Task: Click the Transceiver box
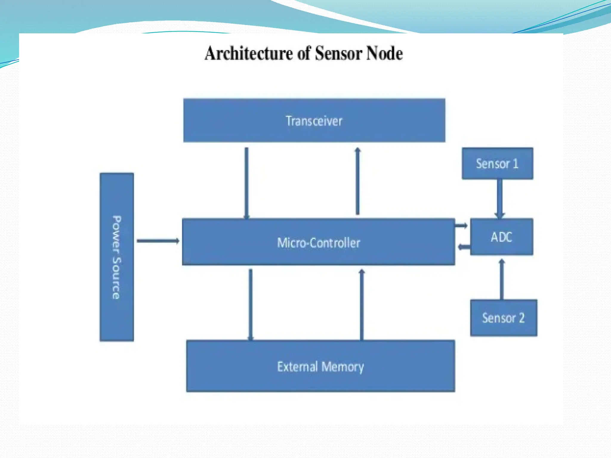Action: [x=314, y=120]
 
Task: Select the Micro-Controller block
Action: [x=318, y=242]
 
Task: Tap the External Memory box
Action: [x=320, y=366]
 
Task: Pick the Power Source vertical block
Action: [x=117, y=257]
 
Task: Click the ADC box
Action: [x=502, y=237]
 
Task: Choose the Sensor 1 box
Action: [x=497, y=163]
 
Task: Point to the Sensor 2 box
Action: [x=504, y=318]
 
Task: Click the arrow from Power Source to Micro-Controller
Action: [x=158, y=241]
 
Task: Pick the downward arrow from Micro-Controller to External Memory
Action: [x=250, y=304]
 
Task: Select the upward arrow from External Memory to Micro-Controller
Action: [x=362, y=304]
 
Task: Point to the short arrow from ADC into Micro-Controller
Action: [x=464, y=247]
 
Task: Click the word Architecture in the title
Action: [x=249, y=53]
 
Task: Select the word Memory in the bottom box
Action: [x=343, y=366]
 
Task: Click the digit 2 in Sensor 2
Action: [x=521, y=318]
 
